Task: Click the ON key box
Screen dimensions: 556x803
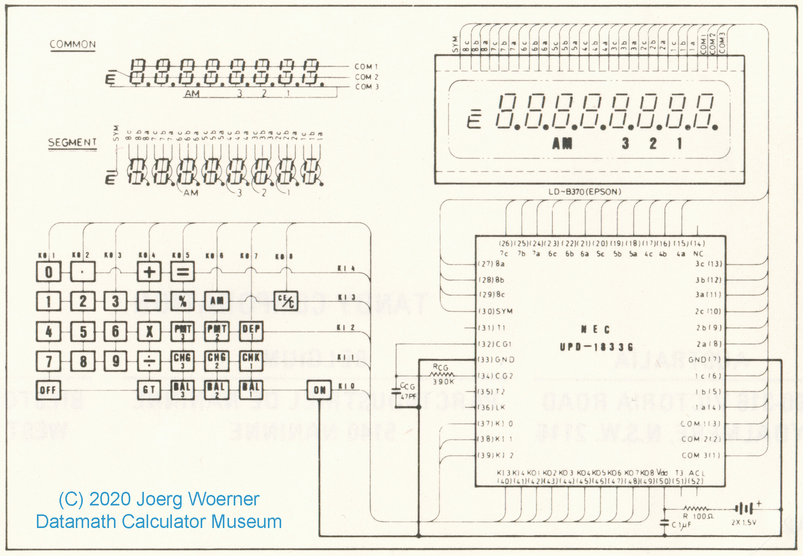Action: click(319, 390)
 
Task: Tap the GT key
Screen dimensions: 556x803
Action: click(149, 390)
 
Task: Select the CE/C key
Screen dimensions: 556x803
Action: click(286, 301)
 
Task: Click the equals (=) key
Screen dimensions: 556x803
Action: click(182, 271)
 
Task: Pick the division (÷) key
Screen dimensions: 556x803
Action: click(149, 361)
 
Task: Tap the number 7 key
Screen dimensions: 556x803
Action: click(49, 361)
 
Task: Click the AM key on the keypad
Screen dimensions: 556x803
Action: click(217, 301)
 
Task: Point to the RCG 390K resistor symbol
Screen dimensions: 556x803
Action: click(441, 374)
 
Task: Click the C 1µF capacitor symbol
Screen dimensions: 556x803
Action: click(665, 523)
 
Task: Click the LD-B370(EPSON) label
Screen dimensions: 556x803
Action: click(584, 192)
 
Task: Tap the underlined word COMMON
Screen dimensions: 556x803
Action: click(73, 45)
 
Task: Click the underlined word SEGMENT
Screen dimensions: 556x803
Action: click(72, 143)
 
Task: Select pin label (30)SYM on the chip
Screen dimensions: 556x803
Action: click(495, 311)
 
